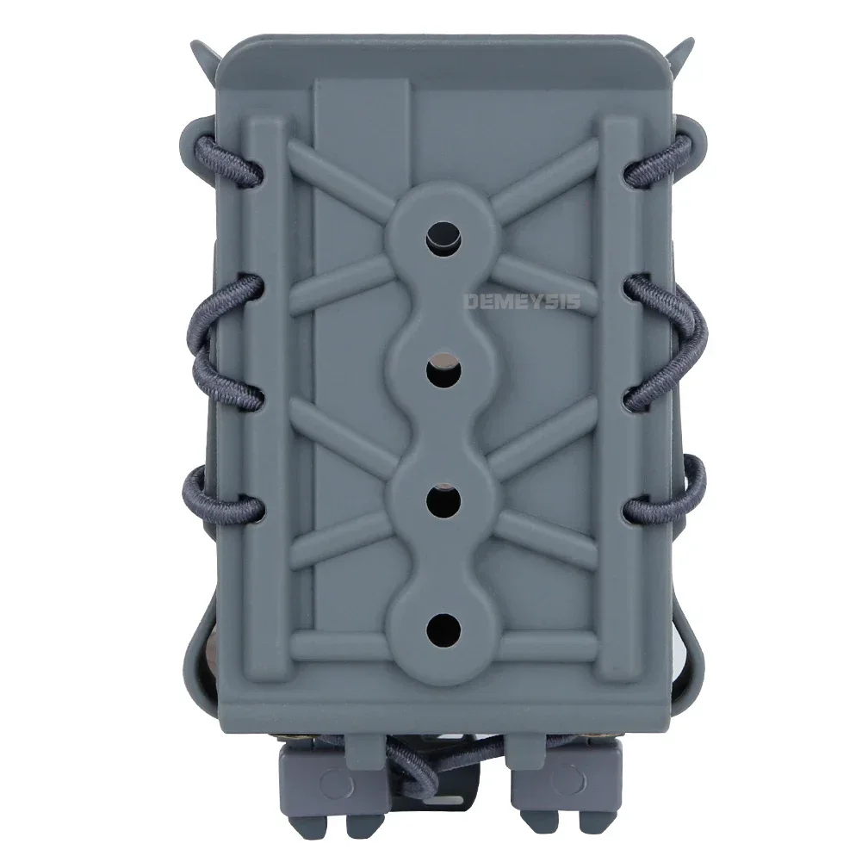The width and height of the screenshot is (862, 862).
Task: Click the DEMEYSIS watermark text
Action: click(522, 301)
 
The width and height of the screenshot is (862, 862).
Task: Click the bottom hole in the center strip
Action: click(444, 629)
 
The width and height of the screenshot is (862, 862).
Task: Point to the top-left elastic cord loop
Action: click(226, 159)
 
